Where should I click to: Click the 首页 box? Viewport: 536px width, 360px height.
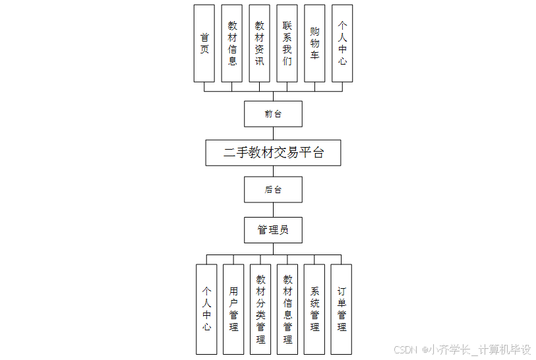204,44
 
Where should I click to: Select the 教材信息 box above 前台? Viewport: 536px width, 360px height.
232,44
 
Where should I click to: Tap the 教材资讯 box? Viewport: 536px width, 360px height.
260,44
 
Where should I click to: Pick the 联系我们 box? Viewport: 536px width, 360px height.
287,44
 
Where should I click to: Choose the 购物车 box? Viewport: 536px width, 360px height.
314,44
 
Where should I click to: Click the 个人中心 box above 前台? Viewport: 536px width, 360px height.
342,44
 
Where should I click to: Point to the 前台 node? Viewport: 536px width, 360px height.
273,113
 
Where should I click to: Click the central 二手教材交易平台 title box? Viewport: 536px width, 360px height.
273,152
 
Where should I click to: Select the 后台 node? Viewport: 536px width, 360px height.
273,189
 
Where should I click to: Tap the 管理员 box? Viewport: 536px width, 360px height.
273,229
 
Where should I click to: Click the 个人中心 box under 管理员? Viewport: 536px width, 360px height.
206,309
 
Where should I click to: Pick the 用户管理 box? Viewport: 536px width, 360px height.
233,309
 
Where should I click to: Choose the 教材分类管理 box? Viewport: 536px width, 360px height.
260,309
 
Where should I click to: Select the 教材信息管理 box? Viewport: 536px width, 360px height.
287,309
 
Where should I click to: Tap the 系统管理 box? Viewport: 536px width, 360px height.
314,309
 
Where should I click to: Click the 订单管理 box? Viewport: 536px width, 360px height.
341,309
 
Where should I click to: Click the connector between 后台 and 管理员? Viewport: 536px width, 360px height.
273,210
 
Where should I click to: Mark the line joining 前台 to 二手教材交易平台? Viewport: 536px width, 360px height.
273,133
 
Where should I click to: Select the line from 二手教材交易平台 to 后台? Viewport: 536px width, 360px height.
273,171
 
